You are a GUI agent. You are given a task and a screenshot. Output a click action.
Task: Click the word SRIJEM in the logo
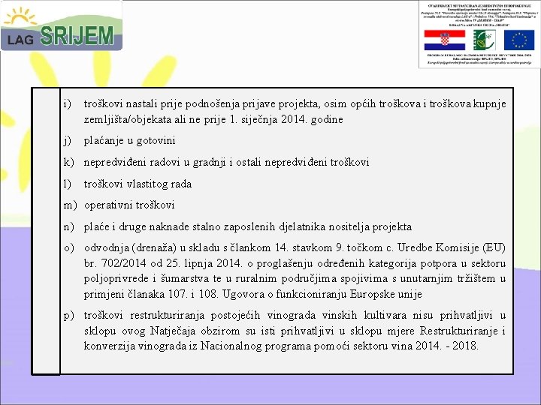coord(77,36)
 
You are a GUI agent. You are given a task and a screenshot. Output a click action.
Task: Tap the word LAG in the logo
coord(20,40)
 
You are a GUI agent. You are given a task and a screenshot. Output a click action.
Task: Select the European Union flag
coord(518,40)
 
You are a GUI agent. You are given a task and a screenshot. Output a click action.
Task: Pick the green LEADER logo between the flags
coord(478,40)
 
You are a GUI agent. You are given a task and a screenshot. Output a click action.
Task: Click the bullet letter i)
coord(68,103)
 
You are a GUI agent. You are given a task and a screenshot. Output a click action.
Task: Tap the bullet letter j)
coord(68,140)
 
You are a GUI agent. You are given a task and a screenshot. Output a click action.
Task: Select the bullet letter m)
coord(70,205)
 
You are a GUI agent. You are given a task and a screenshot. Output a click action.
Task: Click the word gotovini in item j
coord(155,140)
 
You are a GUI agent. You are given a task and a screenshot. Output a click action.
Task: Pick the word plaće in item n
coord(96,226)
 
